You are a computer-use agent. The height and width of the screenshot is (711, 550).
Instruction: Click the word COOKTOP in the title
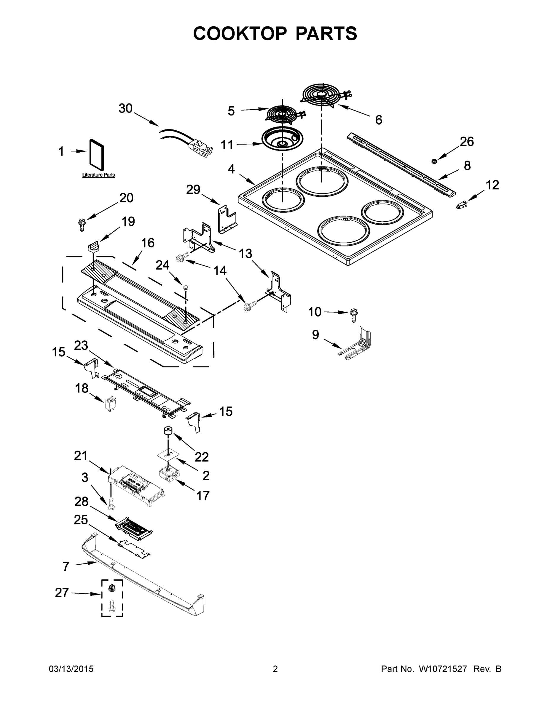pos(240,33)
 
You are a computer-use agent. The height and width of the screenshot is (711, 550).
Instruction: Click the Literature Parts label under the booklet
pos(98,175)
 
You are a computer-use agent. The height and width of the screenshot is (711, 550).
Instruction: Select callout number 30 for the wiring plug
pos(125,108)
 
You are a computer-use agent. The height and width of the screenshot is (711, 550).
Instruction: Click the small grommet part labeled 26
pos(434,161)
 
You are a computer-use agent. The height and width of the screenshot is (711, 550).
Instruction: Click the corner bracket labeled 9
pos(358,345)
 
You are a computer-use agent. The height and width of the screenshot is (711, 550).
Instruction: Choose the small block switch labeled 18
pos(109,404)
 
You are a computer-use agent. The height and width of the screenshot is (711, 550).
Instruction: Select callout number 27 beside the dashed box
pos(62,592)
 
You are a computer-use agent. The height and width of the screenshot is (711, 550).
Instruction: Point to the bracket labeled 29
pos(227,219)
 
